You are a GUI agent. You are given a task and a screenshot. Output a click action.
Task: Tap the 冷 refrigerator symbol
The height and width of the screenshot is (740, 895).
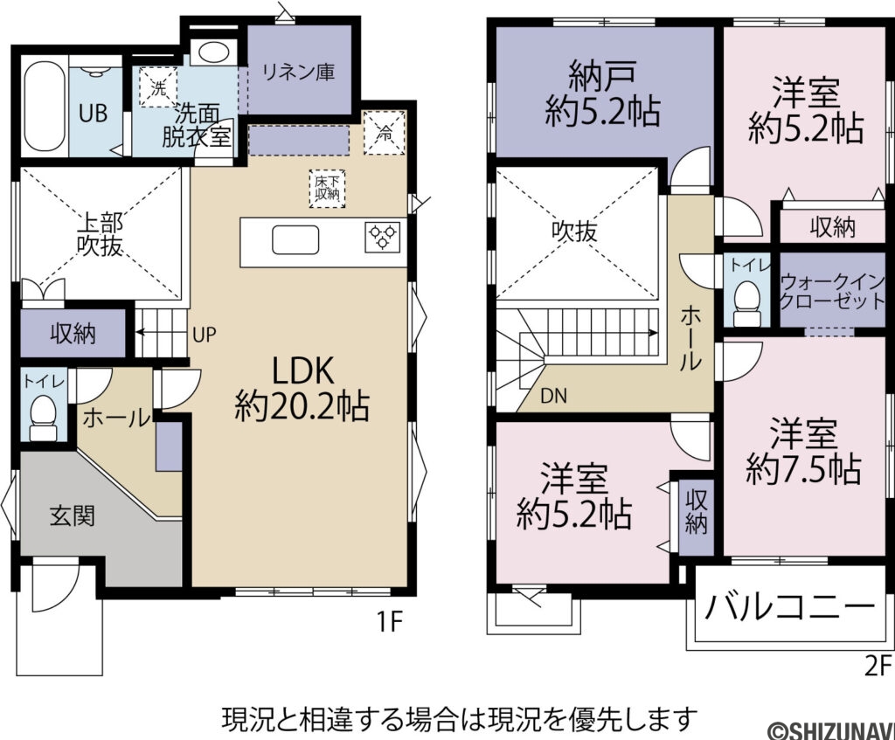coord(385,133)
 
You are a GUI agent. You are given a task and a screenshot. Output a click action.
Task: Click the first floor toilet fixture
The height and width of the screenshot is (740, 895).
coord(43,416)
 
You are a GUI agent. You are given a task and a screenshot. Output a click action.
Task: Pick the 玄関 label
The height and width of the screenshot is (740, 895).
coord(72,515)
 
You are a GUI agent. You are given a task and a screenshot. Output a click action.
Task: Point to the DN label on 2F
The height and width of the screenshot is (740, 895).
coord(552,396)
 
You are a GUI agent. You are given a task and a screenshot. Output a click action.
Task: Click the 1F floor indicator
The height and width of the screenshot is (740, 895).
coord(389,622)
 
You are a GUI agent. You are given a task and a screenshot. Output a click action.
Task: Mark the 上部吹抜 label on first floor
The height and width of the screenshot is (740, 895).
coord(98,234)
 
